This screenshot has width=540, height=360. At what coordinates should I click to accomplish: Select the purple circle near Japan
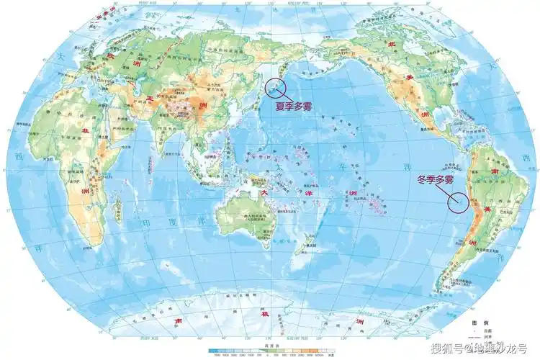pos(276,88)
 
